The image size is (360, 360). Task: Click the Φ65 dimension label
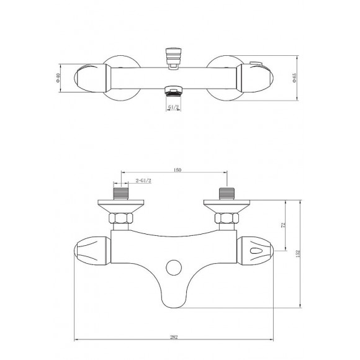pyautogui.click(x=294, y=79)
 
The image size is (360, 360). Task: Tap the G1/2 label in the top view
pyautogui.click(x=174, y=107)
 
